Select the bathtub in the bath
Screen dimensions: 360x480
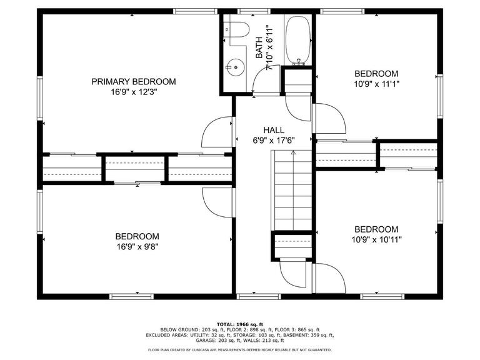pyautogui.click(x=298, y=39)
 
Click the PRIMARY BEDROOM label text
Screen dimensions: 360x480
pyautogui.click(x=134, y=81)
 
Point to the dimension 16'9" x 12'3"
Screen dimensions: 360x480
pyautogui.click(x=134, y=92)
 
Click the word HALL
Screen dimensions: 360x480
pyautogui.click(x=274, y=130)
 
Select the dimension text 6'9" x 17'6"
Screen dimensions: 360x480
pyautogui.click(x=274, y=140)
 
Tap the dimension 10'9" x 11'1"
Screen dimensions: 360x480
pyautogui.click(x=376, y=83)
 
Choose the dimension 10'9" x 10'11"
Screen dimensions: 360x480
pyautogui.click(x=376, y=239)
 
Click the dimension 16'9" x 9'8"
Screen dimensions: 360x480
pyautogui.click(x=137, y=247)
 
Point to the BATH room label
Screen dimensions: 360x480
pyautogui.click(x=259, y=47)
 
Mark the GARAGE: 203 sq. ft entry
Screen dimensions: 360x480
pyautogui.click(x=212, y=340)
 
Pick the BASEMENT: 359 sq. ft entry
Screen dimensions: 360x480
pyautogui.click(x=306, y=334)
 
